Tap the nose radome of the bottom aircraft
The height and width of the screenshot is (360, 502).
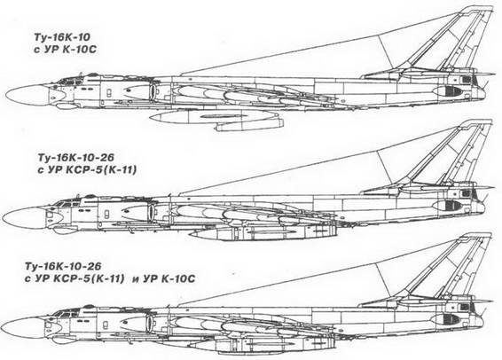[x=23, y=328]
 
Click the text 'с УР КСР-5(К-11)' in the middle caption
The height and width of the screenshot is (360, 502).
[x=86, y=170]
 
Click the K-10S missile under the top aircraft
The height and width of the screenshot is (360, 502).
[x=217, y=119]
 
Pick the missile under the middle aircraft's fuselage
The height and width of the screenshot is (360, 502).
[x=263, y=232]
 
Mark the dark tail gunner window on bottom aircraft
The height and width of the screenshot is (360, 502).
[x=450, y=318]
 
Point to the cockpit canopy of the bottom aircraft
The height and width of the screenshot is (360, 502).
[x=67, y=311]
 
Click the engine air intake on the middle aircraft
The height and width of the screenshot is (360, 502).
[x=151, y=213]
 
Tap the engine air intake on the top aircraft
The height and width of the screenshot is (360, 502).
[x=153, y=90]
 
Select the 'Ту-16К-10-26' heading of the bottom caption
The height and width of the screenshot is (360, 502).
[x=63, y=266]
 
